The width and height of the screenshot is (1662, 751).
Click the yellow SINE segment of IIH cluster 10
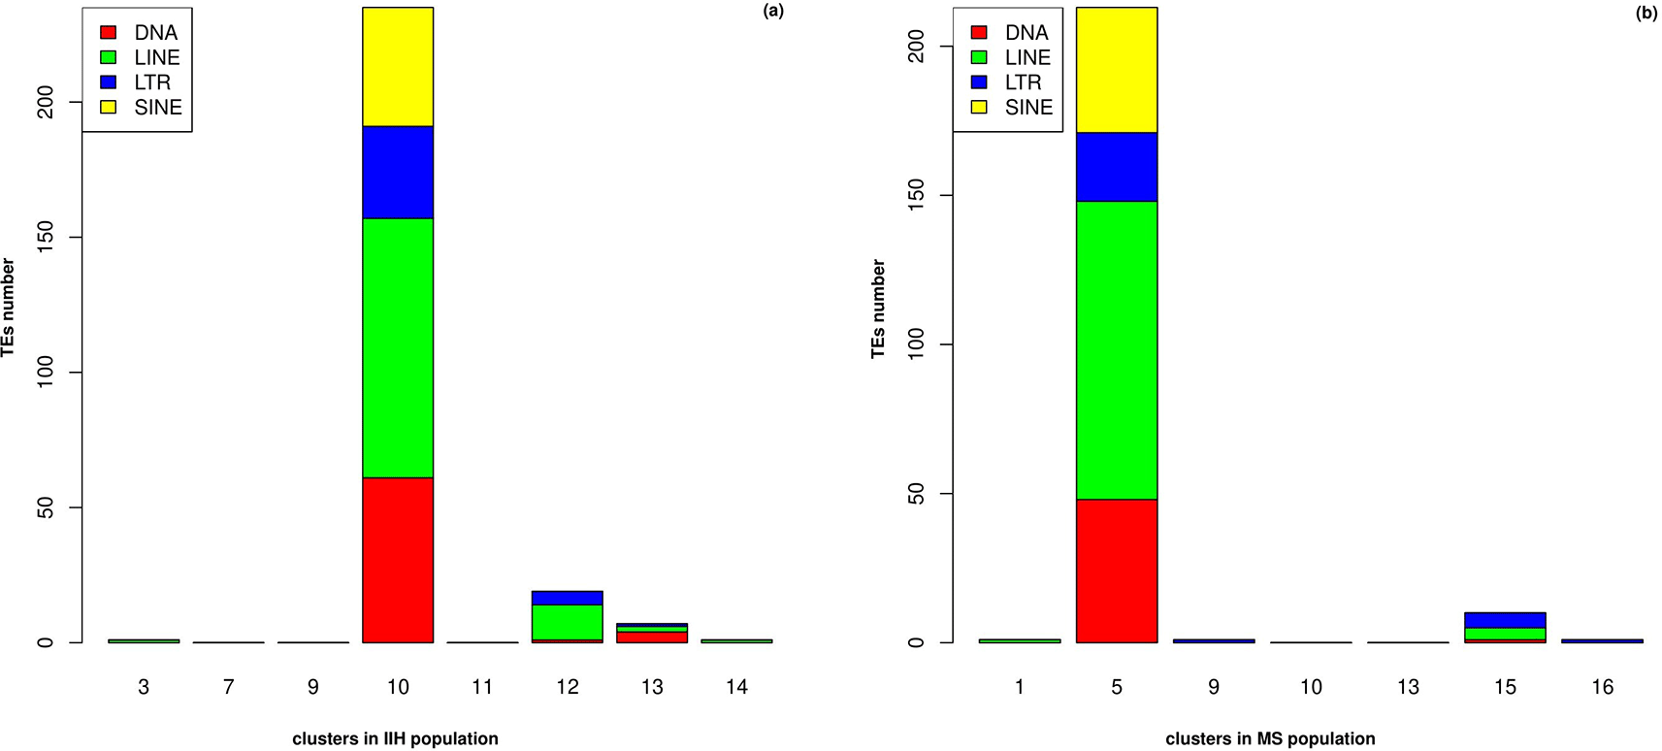tap(398, 67)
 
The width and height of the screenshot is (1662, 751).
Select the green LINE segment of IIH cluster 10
tap(398, 347)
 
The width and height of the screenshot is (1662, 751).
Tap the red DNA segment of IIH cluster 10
tap(398, 560)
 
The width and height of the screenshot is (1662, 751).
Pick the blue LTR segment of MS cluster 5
tap(1117, 167)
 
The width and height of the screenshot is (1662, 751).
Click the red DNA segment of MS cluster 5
tap(1117, 571)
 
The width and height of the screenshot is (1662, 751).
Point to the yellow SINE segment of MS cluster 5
tap(1117, 70)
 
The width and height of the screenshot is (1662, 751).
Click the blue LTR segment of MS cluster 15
tap(1505, 620)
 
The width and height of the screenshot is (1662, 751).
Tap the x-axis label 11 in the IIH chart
tap(482, 687)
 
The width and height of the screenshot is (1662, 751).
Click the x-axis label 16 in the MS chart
tap(1602, 687)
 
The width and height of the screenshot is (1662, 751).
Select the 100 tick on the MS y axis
tap(917, 344)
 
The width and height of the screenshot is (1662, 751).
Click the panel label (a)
tap(773, 12)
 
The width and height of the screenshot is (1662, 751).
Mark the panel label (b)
tap(1646, 13)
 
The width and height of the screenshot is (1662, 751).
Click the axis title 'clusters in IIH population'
tap(395, 738)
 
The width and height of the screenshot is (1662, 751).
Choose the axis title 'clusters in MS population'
tap(1270, 738)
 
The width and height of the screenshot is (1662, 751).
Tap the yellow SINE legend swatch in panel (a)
tap(109, 107)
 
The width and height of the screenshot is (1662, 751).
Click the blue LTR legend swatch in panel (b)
tap(979, 82)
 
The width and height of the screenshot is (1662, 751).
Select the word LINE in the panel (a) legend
tap(157, 58)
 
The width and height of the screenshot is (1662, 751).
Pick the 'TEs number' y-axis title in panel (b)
tap(879, 309)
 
